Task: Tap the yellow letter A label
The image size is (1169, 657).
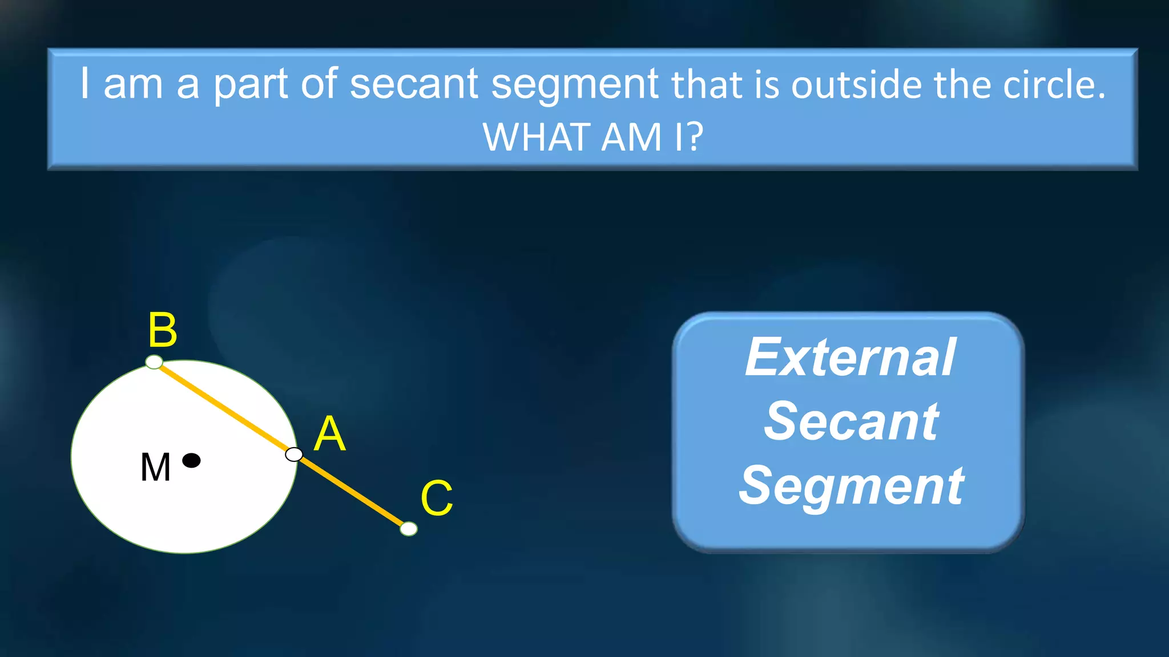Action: pos(330,434)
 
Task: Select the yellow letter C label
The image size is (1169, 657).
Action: pos(437,498)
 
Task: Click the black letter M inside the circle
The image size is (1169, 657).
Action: pos(155,468)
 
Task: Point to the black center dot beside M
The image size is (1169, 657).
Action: pos(191,460)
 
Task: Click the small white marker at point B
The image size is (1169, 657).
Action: pos(154,362)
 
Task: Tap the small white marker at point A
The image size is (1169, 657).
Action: pos(294,455)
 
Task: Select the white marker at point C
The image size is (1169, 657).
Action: pos(409,529)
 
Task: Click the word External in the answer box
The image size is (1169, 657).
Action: pos(849,358)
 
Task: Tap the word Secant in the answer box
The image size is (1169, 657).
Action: pos(850,421)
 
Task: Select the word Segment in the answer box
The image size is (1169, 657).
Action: pos(850,486)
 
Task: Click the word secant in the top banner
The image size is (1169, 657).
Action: pos(413,84)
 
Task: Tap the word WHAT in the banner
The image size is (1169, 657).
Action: pos(536,137)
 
